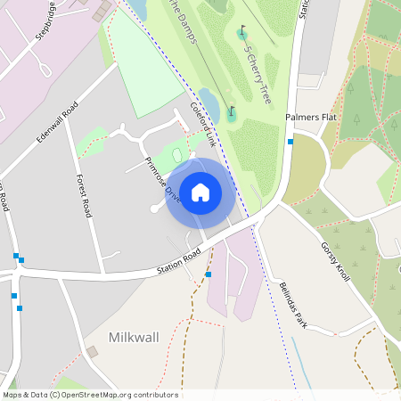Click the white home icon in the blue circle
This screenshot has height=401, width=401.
200,192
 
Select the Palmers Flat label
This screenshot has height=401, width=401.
310,118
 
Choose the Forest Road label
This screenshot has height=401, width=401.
85,196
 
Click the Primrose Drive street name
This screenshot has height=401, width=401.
162,180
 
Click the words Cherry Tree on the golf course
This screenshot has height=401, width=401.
258,75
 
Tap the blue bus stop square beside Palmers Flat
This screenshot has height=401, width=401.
291,141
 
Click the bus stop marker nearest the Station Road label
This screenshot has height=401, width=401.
209,274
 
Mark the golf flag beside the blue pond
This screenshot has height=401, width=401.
232,112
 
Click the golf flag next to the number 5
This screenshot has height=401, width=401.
242,34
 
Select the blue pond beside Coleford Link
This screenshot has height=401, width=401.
209,100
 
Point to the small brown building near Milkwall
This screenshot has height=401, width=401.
91,352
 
